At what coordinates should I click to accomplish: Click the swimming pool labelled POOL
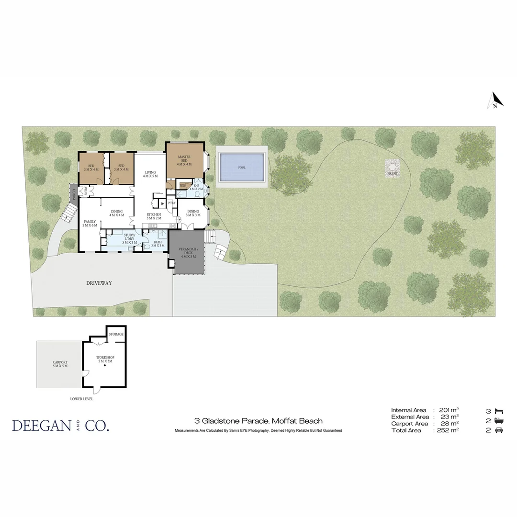241,168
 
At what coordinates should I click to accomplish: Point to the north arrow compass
495,101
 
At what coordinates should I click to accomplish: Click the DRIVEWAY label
99,283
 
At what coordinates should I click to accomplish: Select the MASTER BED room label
184,160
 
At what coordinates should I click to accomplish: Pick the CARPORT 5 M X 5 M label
60,364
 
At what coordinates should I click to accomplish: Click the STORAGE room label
116,334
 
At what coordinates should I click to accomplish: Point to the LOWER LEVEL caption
81,399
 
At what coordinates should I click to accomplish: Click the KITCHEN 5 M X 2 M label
154,216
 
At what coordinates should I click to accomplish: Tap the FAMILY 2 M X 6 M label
90,223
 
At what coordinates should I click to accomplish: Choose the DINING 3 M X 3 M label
193,213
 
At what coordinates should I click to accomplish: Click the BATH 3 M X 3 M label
157,244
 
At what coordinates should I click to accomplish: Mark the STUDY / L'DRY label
129,238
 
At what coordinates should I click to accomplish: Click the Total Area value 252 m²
448,430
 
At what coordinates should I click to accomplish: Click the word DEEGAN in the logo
41,426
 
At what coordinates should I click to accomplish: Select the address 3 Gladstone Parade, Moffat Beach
258,421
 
